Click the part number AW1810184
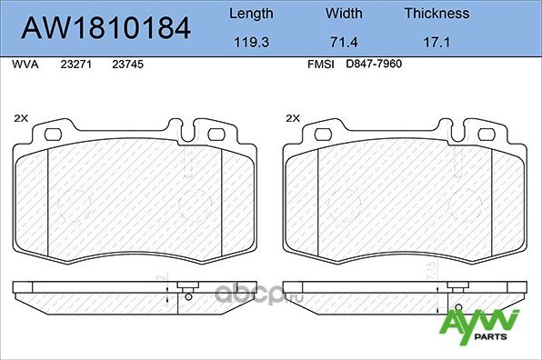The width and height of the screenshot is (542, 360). [x=105, y=28]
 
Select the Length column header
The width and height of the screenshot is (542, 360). [x=250, y=14]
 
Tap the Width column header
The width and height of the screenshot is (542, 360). [x=345, y=14]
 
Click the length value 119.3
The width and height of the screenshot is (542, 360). [x=250, y=42]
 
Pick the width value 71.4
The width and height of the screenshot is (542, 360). [x=345, y=42]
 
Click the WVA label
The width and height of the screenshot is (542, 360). [x=25, y=66]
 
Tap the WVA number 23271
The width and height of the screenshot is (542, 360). [x=75, y=66]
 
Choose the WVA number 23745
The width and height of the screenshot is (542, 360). [x=126, y=66]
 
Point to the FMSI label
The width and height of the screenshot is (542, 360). [x=323, y=66]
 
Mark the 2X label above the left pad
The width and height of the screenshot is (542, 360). [x=21, y=118]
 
